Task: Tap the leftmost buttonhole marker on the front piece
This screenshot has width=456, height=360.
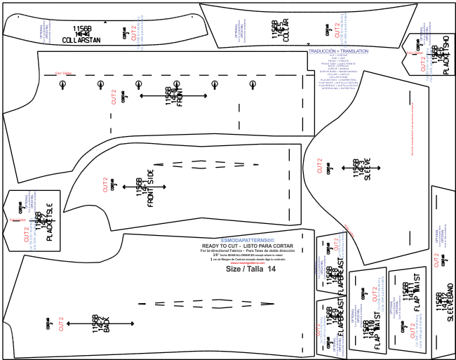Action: [x=62, y=84]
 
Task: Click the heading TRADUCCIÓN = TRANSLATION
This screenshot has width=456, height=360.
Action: [x=338, y=51]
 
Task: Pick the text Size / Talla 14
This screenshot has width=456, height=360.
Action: [x=250, y=268]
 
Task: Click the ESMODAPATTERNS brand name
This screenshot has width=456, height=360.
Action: [x=252, y=239]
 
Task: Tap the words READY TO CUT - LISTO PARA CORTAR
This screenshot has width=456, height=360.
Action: [x=252, y=245]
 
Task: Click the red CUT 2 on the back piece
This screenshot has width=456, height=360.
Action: [x=61, y=324]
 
